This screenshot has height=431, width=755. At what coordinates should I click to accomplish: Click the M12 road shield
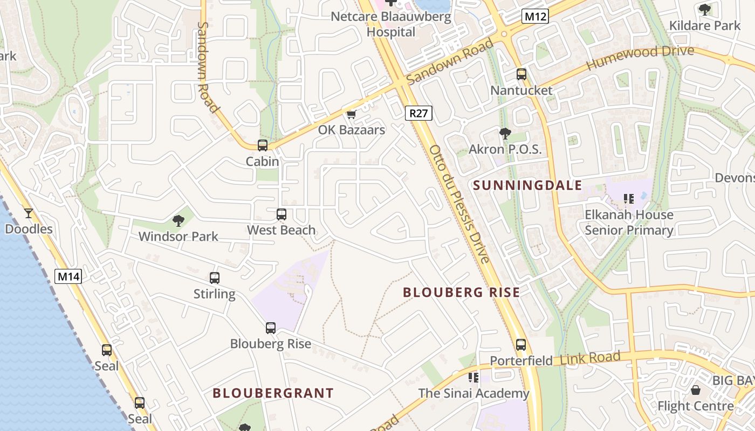point(536,16)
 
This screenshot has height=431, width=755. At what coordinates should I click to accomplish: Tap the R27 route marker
point(418,113)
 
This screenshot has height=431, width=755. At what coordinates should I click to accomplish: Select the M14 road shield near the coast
point(68,277)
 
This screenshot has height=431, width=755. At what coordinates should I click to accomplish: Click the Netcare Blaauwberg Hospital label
point(391,24)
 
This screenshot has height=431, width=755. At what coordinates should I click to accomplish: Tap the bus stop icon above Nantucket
point(521,74)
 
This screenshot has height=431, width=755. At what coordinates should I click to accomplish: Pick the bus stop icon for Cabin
point(262,145)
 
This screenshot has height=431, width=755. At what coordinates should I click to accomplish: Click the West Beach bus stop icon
point(281,214)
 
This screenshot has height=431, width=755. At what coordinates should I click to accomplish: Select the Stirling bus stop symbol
point(214,278)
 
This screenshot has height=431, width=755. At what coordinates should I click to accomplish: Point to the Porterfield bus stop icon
point(520,344)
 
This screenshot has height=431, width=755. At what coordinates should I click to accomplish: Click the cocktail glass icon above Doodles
point(29,213)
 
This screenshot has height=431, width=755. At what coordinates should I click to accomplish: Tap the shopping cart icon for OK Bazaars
point(352,114)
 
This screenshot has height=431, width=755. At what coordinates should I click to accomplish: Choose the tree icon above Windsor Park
point(178,220)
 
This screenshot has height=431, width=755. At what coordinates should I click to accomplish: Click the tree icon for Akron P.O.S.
point(505,133)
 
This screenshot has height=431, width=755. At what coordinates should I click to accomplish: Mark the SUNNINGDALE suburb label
point(527,186)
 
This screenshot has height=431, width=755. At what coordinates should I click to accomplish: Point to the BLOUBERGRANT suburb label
point(273,393)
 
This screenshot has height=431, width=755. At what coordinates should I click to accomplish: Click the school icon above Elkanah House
point(628,199)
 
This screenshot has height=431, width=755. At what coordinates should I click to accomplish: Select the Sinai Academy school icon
point(473,378)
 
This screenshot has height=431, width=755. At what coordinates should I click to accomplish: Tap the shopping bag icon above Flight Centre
point(696,390)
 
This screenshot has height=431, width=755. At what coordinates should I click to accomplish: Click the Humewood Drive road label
point(640,57)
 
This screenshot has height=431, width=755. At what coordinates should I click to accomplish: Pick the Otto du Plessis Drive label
point(459,205)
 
